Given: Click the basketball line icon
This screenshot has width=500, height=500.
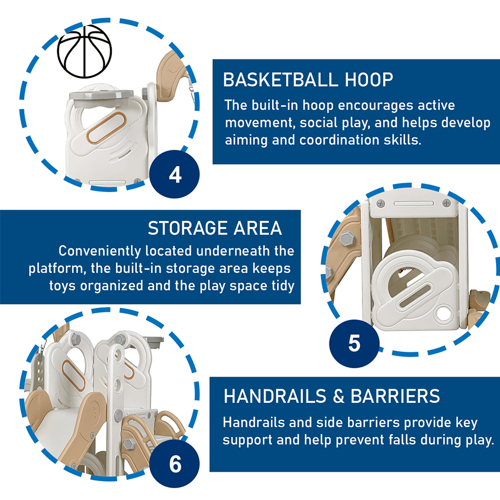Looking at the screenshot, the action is (x=84, y=51).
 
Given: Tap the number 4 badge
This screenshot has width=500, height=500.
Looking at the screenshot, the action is (x=174, y=174).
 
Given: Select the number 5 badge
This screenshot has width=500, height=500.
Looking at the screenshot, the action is (x=354, y=343).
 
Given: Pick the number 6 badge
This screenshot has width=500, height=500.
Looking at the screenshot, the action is (x=175, y=464).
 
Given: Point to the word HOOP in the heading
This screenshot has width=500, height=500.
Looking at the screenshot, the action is (x=369, y=79).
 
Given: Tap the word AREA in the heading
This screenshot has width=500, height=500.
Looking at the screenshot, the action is (x=258, y=228).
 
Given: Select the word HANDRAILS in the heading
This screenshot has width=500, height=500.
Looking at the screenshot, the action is (x=275, y=396).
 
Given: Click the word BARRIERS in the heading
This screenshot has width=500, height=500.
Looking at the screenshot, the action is (x=395, y=396).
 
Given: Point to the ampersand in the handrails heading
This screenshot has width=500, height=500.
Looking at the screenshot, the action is (x=339, y=396).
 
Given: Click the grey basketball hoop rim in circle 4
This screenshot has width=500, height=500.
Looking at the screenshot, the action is (x=102, y=94).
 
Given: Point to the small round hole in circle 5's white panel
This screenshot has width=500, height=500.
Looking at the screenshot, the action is (x=444, y=313).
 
